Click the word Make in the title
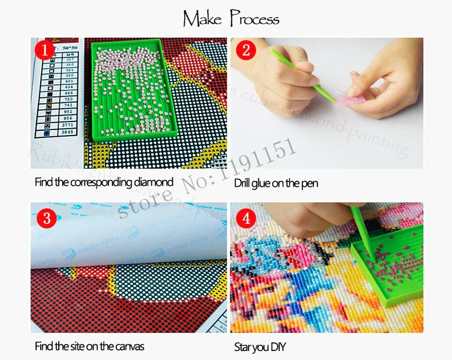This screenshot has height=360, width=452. (202, 19)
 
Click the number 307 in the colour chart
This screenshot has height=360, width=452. (68, 59)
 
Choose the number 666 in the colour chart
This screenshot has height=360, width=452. (68, 92)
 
